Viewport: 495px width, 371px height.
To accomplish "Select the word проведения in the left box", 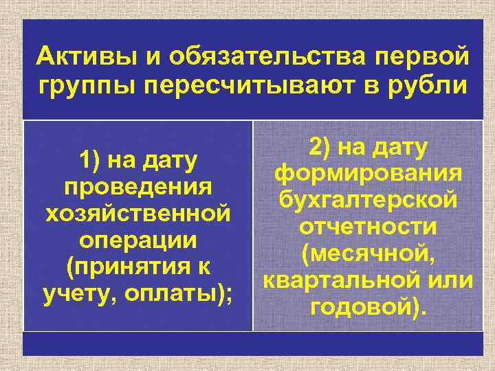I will (136, 188).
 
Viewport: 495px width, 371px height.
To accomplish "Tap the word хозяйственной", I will (137, 214).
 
